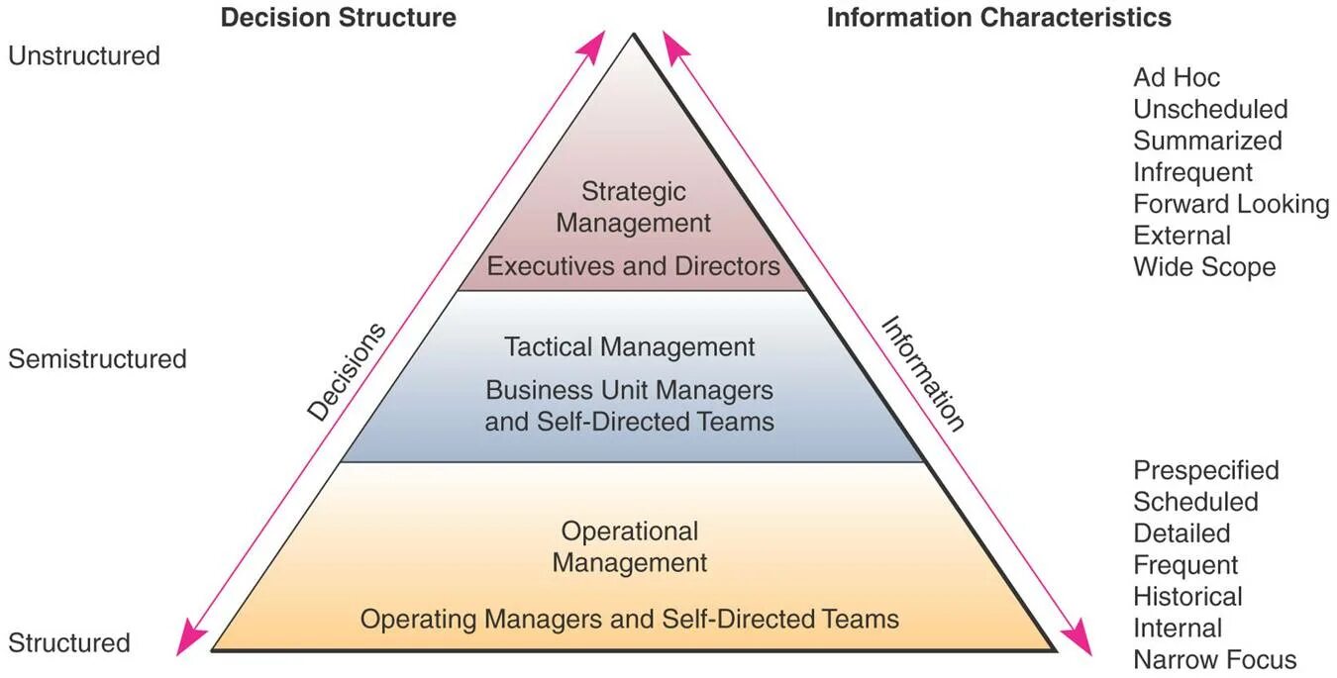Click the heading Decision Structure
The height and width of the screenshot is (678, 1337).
click(338, 18)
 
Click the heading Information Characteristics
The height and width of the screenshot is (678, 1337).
click(998, 18)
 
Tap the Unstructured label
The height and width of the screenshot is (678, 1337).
click(84, 55)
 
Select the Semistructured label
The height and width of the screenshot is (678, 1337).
click(97, 358)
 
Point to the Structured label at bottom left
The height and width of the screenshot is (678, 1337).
click(69, 642)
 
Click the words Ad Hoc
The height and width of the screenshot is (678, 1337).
click(1177, 77)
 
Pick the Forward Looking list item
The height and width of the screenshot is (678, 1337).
click(1231, 204)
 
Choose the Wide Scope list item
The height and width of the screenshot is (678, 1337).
click(1204, 267)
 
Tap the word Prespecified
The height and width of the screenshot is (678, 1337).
click(1206, 470)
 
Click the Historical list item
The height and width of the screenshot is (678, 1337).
click(1187, 597)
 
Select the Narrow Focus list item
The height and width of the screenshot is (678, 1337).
click(1214, 660)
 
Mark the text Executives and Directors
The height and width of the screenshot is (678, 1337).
click(634, 266)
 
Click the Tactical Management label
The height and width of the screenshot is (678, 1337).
click(630, 347)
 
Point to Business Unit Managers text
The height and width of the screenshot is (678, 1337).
click(630, 390)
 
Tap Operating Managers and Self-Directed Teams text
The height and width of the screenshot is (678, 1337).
click(630, 620)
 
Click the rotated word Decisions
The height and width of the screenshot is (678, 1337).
click(346, 372)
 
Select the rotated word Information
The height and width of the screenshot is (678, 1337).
click(922, 374)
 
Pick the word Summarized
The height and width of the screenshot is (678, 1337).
click(1207, 141)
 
